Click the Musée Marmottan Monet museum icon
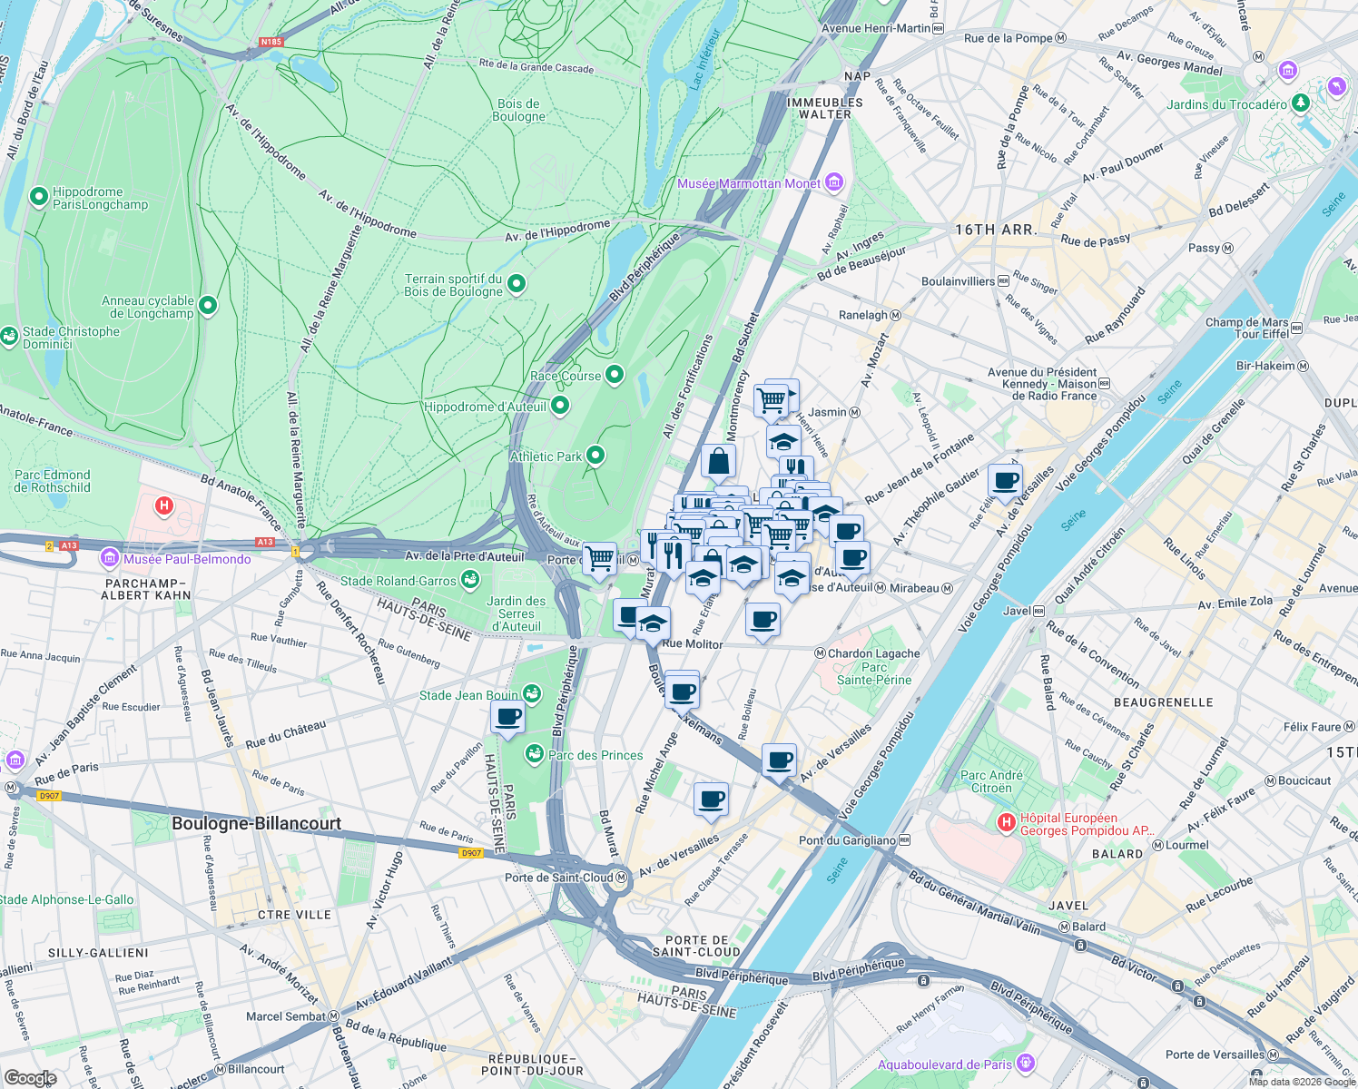pos(834,183)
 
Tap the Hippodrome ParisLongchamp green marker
pos(39,196)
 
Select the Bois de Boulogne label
pos(519,110)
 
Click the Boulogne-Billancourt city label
pos(257,823)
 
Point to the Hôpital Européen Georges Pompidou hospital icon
pos(1006,823)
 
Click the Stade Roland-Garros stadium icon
pos(469,579)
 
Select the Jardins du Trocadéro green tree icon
pos(1301,103)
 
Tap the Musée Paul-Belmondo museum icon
pos(110,557)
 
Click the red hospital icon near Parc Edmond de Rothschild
pos(164,505)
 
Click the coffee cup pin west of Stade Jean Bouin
pos(508,717)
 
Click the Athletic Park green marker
pos(595,455)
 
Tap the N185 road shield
pos(271,42)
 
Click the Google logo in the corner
pos(30,1077)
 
